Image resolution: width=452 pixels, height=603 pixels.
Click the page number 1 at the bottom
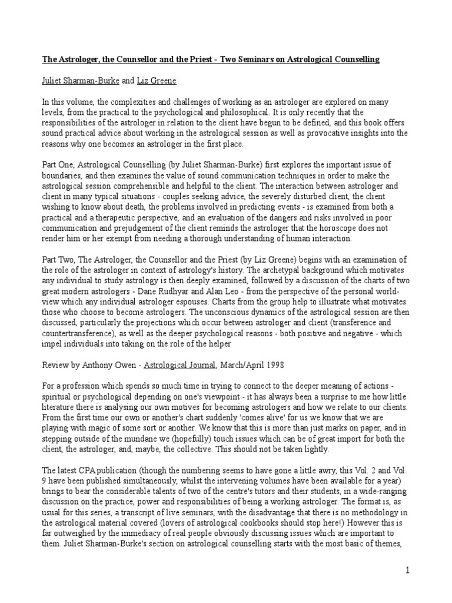tap(407, 570)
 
